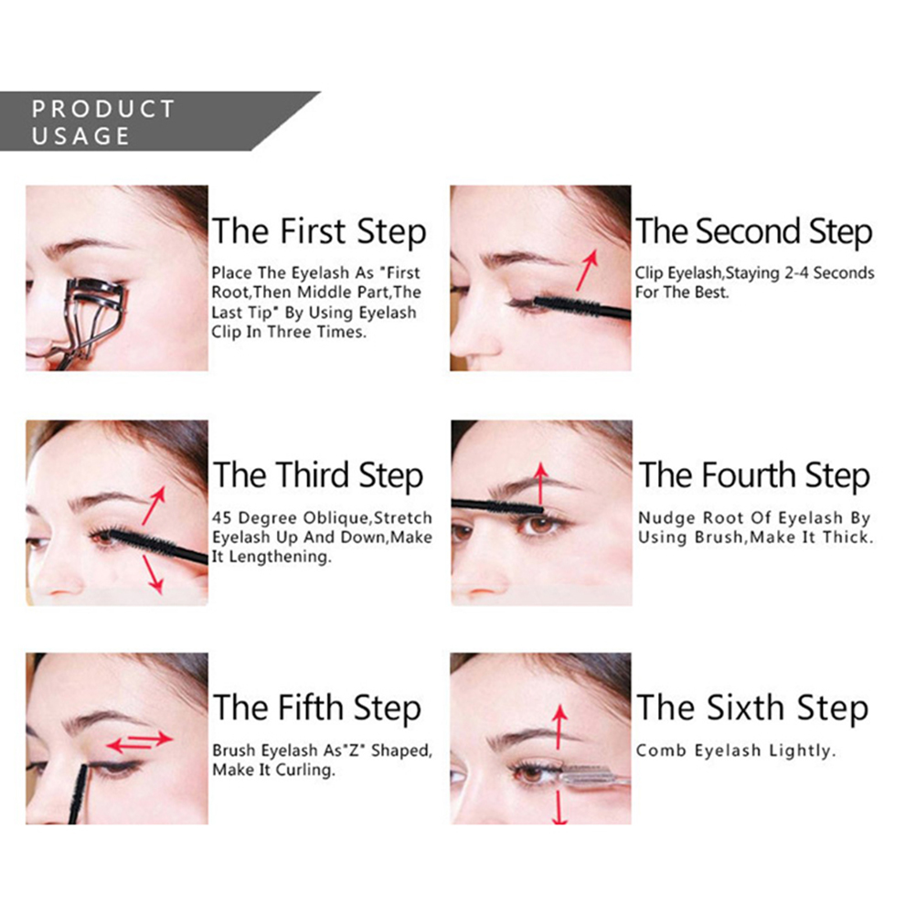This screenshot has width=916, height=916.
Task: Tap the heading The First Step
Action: pyautogui.click(x=319, y=231)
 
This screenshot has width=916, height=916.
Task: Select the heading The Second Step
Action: pyautogui.click(x=754, y=231)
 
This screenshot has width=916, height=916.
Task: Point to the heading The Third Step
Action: pyautogui.click(x=318, y=475)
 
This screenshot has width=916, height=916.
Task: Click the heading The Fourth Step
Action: pyautogui.click(x=754, y=475)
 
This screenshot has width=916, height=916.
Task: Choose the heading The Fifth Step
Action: pyautogui.click(x=317, y=708)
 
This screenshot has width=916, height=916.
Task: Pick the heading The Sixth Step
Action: pyautogui.click(x=752, y=708)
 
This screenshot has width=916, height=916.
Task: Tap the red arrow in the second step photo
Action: pyautogui.click(x=587, y=270)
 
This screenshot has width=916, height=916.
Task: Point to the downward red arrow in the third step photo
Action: pyautogui.click(x=153, y=575)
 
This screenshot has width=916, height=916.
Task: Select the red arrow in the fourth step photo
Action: pyautogui.click(x=541, y=484)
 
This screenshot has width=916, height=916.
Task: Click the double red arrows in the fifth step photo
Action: pyautogui.click(x=139, y=742)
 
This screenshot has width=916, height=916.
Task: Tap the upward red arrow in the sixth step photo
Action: pyautogui.click(x=559, y=727)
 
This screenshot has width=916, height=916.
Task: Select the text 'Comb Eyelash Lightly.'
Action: pyautogui.click(x=736, y=751)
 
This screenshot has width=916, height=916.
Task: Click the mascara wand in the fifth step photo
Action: pyautogui.click(x=79, y=794)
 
